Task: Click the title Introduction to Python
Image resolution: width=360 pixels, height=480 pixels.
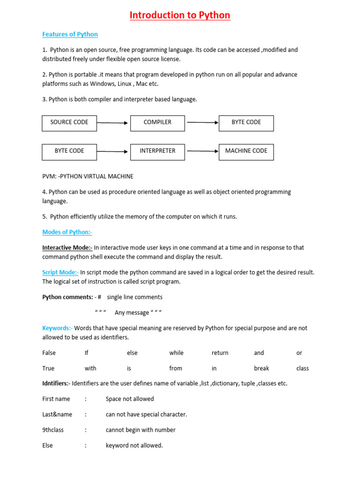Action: coord(180,15)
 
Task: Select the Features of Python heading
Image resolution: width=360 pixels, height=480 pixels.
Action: coord(70,34)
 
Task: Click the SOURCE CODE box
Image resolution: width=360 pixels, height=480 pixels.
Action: coord(69,122)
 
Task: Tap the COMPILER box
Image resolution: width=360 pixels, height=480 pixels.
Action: coord(157,122)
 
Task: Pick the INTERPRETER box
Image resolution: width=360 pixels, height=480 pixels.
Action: coord(157,151)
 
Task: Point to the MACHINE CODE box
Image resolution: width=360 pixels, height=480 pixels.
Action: coord(246,151)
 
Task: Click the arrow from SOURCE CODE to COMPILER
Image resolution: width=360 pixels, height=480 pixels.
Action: coord(112,123)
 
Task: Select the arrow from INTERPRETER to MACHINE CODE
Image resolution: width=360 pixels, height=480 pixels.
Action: coord(202,151)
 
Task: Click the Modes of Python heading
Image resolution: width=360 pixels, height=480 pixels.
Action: coord(67,232)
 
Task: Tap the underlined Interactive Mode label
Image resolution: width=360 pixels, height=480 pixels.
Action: coord(67,247)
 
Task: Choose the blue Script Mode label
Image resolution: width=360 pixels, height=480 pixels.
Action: coord(60,272)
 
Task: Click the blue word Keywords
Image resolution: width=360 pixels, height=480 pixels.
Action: coord(57,328)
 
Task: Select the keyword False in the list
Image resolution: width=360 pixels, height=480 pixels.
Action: coord(49,353)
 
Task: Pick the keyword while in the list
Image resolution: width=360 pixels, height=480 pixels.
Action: coord(176,353)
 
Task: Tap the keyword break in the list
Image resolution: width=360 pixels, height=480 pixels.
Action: coord(262,368)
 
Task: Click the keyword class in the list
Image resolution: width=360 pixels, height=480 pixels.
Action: coord(302,368)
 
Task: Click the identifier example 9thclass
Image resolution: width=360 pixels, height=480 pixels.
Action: coord(53,430)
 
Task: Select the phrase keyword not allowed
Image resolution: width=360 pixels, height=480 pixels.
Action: coord(134,445)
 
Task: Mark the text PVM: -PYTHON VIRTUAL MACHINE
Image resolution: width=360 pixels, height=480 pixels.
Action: coord(88,176)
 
